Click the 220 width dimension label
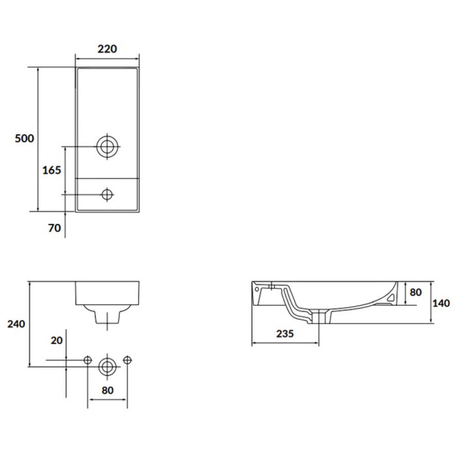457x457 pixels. pyautogui.click(x=107, y=49)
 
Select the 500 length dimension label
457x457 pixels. pyautogui.click(x=25, y=138)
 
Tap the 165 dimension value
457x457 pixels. pyautogui.click(x=52, y=170)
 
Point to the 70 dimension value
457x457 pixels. pyautogui.click(x=54, y=228)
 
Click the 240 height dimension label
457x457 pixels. pyautogui.click(x=16, y=324)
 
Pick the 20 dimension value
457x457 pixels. pyautogui.click(x=57, y=340)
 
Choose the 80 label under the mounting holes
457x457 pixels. pyautogui.click(x=107, y=390)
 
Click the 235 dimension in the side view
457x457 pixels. pyautogui.click(x=285, y=334)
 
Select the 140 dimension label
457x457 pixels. pyautogui.click(x=441, y=303)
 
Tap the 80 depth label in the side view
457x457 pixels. pyautogui.click(x=416, y=292)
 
